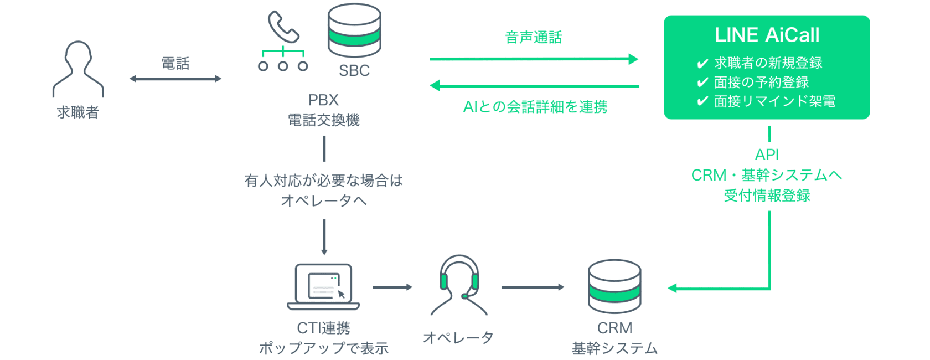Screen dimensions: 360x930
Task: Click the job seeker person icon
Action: [x=78, y=69]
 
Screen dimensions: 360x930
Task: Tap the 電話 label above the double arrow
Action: [x=175, y=63]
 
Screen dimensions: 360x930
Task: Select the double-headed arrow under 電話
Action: [x=175, y=79]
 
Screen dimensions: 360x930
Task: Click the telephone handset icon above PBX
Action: [x=283, y=27]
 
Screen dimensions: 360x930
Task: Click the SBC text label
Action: [x=354, y=71]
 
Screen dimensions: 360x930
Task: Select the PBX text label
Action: [x=323, y=100]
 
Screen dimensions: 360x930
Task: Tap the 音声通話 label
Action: [x=534, y=38]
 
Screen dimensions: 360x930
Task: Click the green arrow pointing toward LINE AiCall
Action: [x=534, y=59]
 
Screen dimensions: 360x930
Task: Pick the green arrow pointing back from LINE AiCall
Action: [x=535, y=86]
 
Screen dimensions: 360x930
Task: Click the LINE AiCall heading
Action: [x=767, y=35]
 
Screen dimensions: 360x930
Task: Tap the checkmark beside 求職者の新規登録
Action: [x=702, y=64]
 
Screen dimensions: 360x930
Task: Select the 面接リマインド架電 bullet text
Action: [x=774, y=101]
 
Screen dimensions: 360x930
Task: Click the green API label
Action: [x=767, y=155]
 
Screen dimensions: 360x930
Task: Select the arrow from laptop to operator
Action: [x=392, y=287]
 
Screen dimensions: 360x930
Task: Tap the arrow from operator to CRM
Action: [x=533, y=287]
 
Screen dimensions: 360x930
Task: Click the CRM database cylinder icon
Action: [x=614, y=286]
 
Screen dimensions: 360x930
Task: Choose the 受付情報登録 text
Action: [x=767, y=196]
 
